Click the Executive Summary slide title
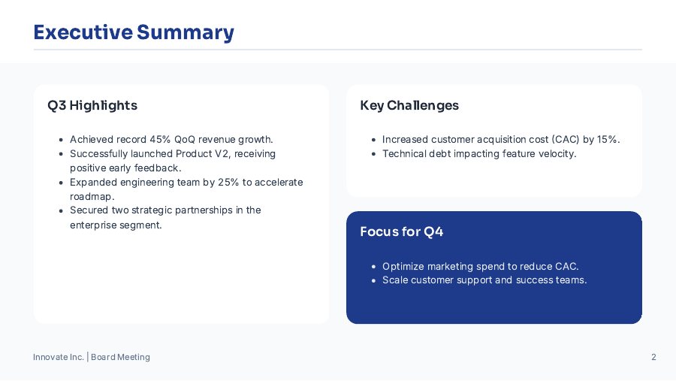click(134, 32)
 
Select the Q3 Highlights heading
click(92, 105)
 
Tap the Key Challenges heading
click(409, 105)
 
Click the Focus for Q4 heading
click(402, 231)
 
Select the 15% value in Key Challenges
click(608, 139)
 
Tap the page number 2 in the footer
click(653, 357)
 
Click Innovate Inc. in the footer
click(59, 357)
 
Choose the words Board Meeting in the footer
click(120, 357)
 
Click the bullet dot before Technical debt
click(373, 154)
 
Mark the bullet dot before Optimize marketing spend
click(373, 267)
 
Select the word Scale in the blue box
click(395, 280)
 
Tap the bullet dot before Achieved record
click(61, 140)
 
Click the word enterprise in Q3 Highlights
click(95, 225)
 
